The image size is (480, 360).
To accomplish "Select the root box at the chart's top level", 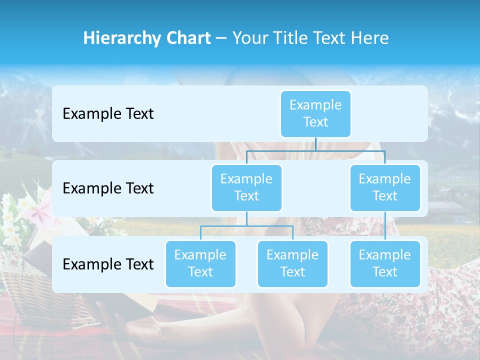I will pyautogui.click(x=315, y=113).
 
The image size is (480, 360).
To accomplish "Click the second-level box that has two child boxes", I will pyautogui.click(x=246, y=187).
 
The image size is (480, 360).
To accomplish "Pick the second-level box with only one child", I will pyautogui.click(x=385, y=187).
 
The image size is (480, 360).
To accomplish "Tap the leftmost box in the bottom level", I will pyautogui.click(x=200, y=263).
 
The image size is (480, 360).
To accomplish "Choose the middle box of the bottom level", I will pyautogui.click(x=292, y=263).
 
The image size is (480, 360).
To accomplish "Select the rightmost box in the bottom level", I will pyautogui.click(x=385, y=263).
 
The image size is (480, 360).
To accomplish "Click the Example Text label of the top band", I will pyautogui.click(x=108, y=114).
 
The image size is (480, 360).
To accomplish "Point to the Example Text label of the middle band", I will pyautogui.click(x=108, y=188).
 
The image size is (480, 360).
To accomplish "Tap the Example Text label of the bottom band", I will pyautogui.click(x=108, y=264).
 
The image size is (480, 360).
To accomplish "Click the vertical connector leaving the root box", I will pyautogui.click(x=315, y=144).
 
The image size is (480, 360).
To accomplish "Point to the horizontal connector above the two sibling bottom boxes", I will pyautogui.click(x=246, y=226).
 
